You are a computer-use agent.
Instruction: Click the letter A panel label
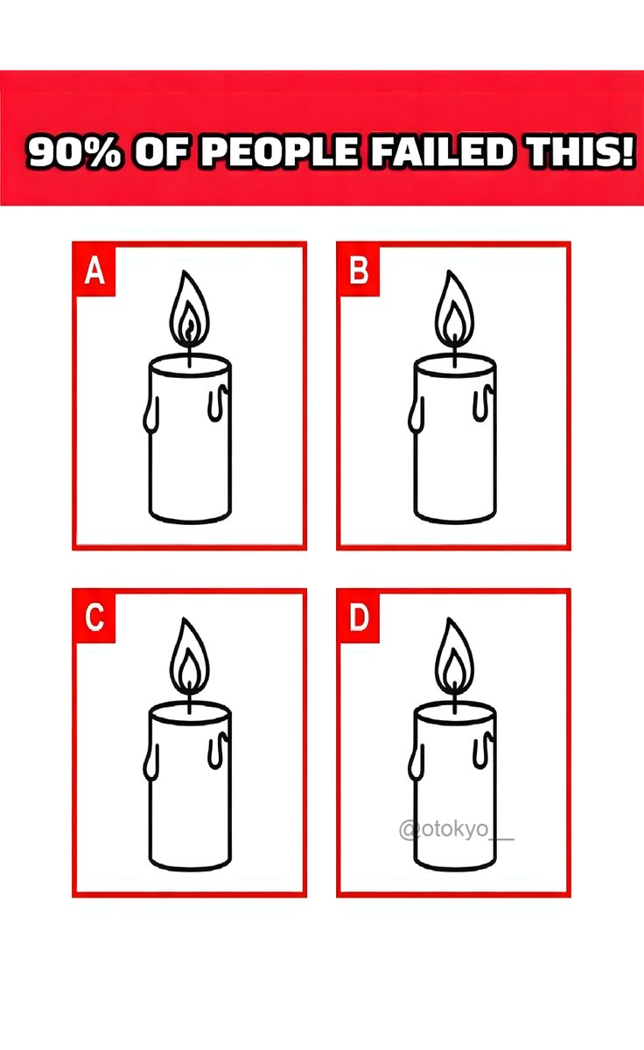pyautogui.click(x=94, y=271)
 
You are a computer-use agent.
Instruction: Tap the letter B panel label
pyautogui.click(x=359, y=271)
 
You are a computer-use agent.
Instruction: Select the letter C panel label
pyautogui.click(x=94, y=618)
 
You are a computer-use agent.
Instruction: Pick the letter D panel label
pyautogui.click(x=359, y=618)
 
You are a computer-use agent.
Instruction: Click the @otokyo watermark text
pyautogui.click(x=456, y=829)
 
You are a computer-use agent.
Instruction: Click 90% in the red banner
pyautogui.click(x=74, y=152)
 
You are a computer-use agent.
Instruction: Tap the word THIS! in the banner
pyautogui.click(x=580, y=150)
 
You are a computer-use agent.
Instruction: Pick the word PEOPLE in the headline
pyautogui.click(x=280, y=150)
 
